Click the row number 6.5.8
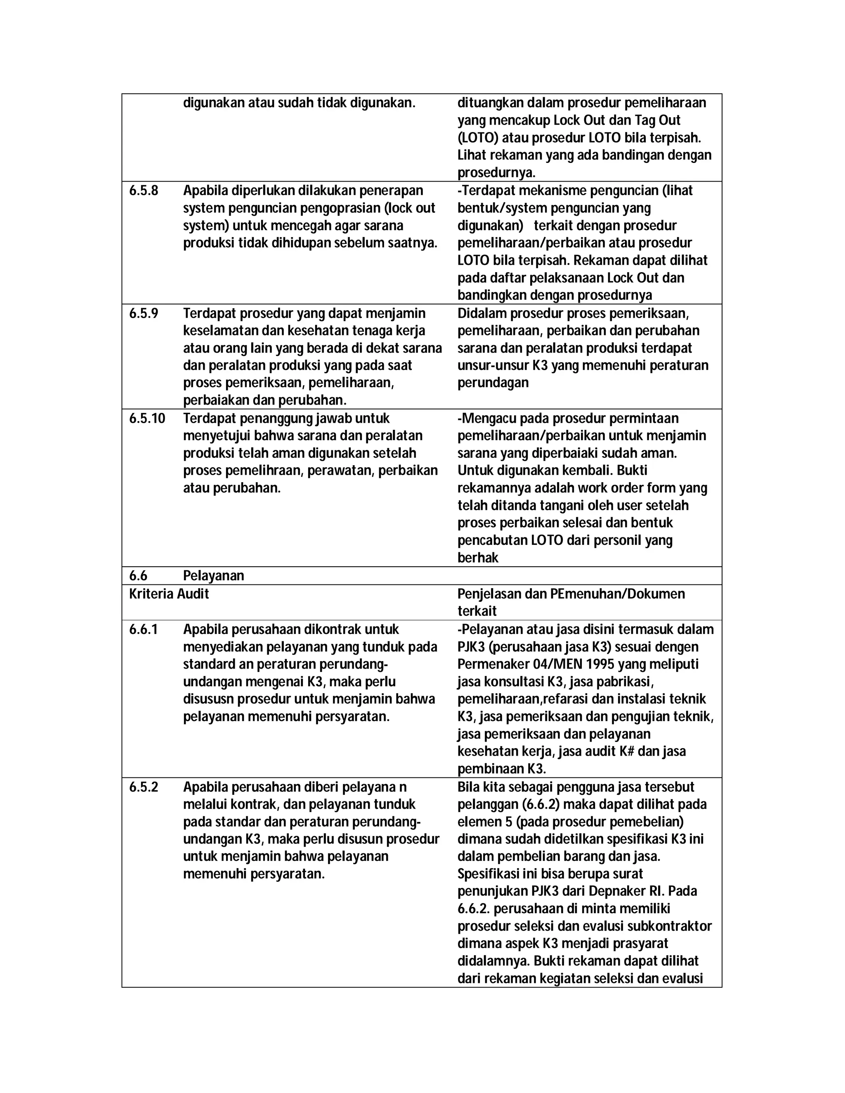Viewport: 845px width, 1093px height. point(143,191)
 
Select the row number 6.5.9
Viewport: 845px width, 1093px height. point(143,313)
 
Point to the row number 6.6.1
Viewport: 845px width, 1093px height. point(143,629)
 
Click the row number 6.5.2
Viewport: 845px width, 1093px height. point(143,787)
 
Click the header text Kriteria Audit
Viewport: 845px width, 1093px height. point(169,594)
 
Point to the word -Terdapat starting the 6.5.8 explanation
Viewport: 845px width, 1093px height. point(486,191)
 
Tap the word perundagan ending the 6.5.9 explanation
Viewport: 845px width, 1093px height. point(493,383)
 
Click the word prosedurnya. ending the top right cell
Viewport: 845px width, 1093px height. point(496,173)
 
